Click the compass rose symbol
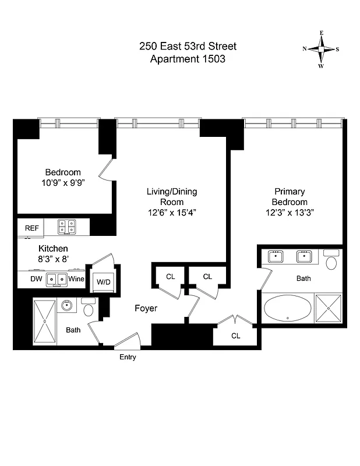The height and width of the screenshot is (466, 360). pyautogui.click(x=321, y=50)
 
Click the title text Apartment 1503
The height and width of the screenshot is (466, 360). pyautogui.click(x=188, y=59)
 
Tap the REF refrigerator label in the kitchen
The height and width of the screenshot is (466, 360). pyautogui.click(x=31, y=228)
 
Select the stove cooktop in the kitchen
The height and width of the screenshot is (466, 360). pyautogui.click(x=67, y=227)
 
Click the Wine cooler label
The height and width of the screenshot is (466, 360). pyautogui.click(x=76, y=280)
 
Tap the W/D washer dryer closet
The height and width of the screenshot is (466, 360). pyautogui.click(x=103, y=282)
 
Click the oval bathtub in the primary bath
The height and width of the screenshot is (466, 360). pyautogui.click(x=288, y=309)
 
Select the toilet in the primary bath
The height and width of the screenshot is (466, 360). pyautogui.click(x=331, y=262)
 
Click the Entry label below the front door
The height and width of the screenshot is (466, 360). pyautogui.click(x=128, y=357)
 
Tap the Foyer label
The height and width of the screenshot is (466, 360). pyautogui.click(x=146, y=308)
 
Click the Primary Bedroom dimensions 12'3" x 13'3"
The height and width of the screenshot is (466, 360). pyautogui.click(x=290, y=213)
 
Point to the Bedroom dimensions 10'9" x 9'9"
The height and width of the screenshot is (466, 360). pyautogui.click(x=63, y=183)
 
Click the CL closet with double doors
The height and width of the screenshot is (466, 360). pyautogui.click(x=235, y=336)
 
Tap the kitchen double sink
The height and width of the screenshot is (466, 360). pyautogui.click(x=57, y=279)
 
